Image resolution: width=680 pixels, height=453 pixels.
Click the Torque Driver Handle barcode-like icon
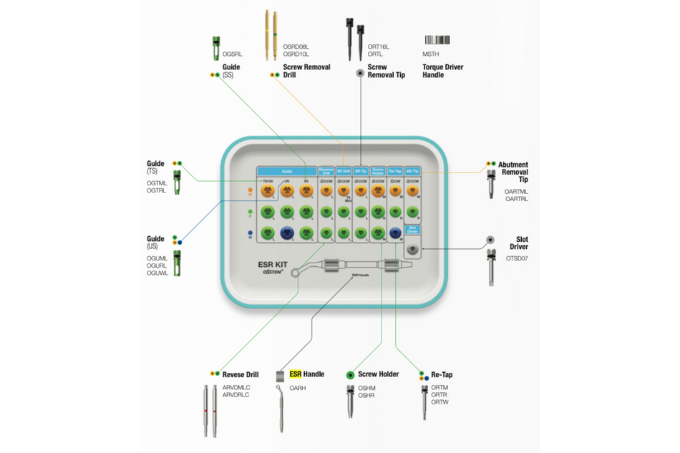(437, 40)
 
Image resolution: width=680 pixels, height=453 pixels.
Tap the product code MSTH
(431, 54)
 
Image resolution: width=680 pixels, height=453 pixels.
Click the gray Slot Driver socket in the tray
(413, 248)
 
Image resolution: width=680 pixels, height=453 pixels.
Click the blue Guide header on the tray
(287, 172)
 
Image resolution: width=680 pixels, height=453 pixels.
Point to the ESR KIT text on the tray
(273, 264)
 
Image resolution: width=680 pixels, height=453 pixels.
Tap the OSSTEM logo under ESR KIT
(273, 273)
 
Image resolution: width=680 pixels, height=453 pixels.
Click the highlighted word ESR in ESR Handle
(296, 374)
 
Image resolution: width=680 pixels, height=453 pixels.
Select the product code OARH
(297, 387)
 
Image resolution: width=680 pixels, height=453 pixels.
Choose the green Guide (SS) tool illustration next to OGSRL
(215, 48)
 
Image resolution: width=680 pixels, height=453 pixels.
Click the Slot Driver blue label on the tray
(413, 230)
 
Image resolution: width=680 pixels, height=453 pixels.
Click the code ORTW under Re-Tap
(439, 402)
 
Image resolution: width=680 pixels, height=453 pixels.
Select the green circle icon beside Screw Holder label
(351, 374)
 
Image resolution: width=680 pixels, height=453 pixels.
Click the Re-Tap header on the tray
(395, 172)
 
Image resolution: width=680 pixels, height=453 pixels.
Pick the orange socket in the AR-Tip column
(413, 191)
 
